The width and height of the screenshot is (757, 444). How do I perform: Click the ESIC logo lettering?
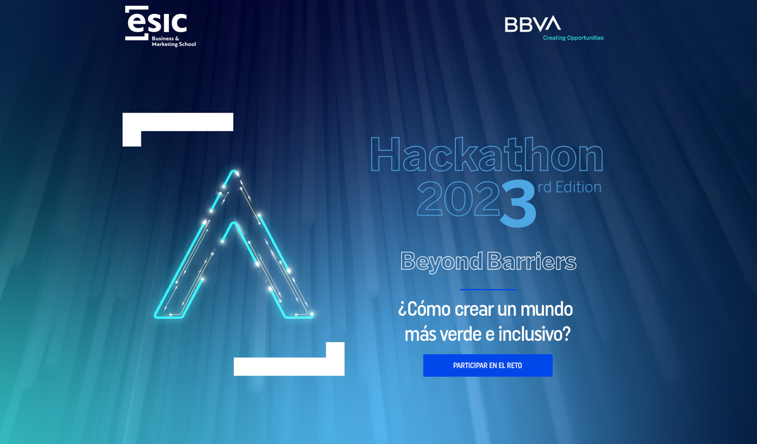click(156, 23)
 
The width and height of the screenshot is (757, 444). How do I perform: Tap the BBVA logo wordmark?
click(532, 24)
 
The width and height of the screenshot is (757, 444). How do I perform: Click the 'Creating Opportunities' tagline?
click(573, 38)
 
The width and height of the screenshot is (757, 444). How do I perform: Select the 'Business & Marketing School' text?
click(173, 41)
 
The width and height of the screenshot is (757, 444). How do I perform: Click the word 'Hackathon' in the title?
click(486, 155)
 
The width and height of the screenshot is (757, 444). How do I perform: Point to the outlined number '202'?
click(458, 199)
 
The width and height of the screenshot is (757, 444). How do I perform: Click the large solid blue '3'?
click(517, 203)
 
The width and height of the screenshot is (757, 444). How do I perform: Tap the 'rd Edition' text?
click(569, 187)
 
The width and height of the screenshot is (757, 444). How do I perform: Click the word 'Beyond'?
click(441, 261)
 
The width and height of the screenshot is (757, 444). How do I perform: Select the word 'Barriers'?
click(531, 261)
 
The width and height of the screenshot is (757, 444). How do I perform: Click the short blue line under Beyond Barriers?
click(487, 289)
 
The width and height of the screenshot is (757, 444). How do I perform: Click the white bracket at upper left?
click(177, 122)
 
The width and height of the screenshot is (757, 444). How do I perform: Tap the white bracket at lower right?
click(289, 366)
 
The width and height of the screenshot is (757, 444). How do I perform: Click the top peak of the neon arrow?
click(234, 172)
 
